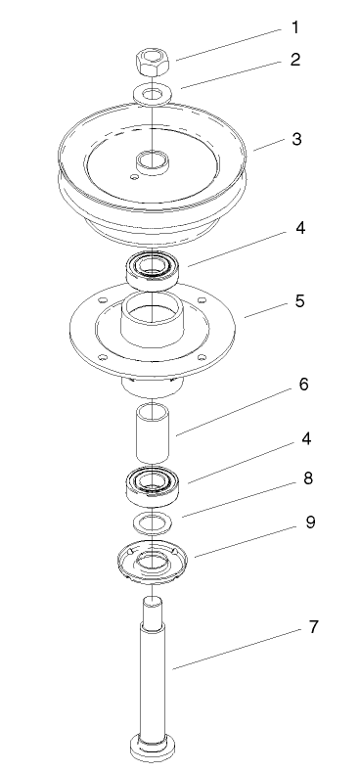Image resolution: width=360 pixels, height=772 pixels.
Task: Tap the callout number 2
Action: (x=294, y=60)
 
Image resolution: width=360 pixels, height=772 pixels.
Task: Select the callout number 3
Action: (x=297, y=140)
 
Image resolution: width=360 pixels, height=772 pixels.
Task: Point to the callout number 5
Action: (x=298, y=301)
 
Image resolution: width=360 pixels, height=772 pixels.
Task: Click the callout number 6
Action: (x=303, y=385)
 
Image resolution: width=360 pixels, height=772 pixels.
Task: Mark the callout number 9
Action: (x=310, y=522)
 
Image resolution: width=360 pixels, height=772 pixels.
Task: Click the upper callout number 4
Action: (x=300, y=230)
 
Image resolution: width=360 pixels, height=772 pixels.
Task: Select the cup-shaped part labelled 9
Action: (x=152, y=560)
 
